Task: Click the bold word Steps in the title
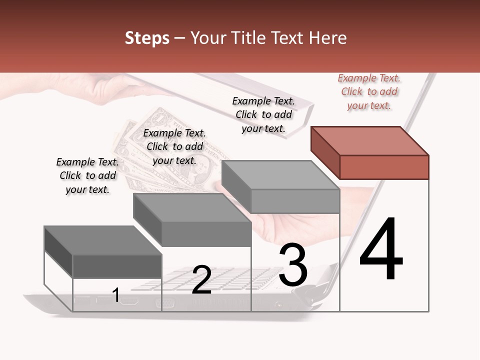[x=146, y=38]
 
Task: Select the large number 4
[x=381, y=249]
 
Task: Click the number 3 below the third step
[x=293, y=265]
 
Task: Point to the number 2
[x=201, y=280]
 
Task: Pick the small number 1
[x=116, y=295]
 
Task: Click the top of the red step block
[x=369, y=141]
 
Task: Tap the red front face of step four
[x=384, y=167]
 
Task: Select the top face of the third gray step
[x=280, y=175]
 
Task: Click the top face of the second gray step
[x=191, y=207]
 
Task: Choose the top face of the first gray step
[x=102, y=240]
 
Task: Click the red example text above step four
[x=369, y=91]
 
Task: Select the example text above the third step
[x=263, y=114]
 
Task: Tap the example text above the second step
[x=174, y=146]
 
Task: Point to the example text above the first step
[x=87, y=175]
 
